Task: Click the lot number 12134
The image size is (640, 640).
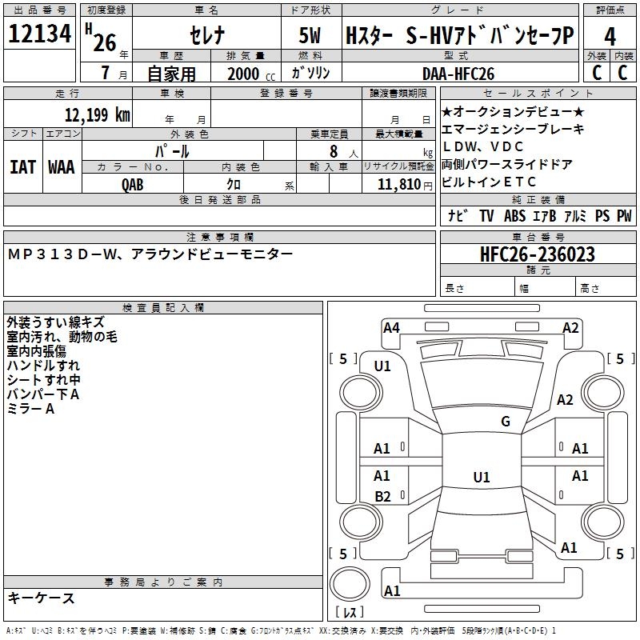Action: point(39,33)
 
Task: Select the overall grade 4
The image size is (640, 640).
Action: point(610,37)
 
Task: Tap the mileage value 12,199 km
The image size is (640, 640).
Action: point(98,114)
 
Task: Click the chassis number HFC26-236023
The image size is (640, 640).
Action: point(538,254)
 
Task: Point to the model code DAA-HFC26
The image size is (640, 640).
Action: point(458,74)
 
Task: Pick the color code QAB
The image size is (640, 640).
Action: point(133,185)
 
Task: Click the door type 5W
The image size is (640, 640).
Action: point(310,35)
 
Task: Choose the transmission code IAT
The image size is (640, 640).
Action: point(22,167)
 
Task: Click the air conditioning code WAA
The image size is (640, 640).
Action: point(62,167)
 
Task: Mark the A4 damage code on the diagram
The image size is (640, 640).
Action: point(391,328)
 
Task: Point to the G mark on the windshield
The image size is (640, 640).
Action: point(506,421)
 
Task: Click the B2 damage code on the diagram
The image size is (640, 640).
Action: point(382,496)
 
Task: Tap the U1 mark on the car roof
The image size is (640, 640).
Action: point(482,477)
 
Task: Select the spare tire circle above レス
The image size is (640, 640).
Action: point(350,584)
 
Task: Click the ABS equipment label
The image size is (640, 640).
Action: point(514,216)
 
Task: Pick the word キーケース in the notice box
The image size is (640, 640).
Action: point(42,598)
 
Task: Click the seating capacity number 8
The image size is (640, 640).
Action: point(334,151)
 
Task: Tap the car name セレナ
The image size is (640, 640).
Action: point(207,35)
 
